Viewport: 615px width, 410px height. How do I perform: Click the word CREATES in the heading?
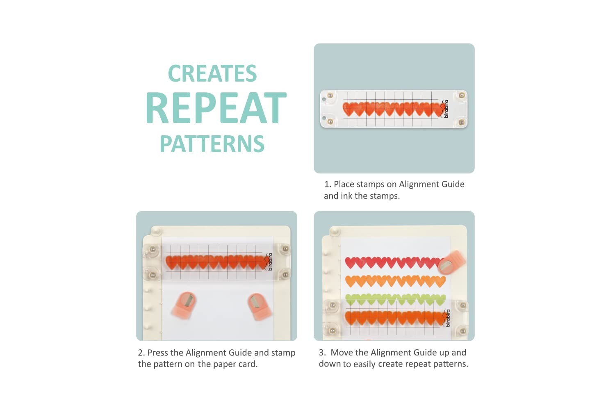(x=212, y=73)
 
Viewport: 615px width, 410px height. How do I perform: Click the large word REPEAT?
(x=216, y=108)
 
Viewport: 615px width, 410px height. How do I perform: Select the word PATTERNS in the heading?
(x=212, y=143)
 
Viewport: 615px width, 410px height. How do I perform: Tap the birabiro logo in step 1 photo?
(x=444, y=109)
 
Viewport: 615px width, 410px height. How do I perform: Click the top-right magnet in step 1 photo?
(x=462, y=96)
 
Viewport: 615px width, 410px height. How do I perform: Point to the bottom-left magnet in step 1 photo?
(x=330, y=121)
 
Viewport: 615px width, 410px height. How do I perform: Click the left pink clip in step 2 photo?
(x=184, y=305)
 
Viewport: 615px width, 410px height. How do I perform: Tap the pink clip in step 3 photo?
(x=451, y=263)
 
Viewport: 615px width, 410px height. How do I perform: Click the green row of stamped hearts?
(x=395, y=299)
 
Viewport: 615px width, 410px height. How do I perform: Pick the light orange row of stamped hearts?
(x=395, y=282)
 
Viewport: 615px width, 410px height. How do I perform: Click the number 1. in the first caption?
(x=328, y=184)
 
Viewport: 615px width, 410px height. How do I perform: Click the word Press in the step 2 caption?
(x=157, y=353)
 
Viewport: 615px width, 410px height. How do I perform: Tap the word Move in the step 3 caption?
(x=341, y=352)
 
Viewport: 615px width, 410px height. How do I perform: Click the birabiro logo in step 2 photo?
(x=269, y=262)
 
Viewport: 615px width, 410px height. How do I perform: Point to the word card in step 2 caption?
(x=248, y=364)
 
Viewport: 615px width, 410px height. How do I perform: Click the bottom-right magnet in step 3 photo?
(x=463, y=331)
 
